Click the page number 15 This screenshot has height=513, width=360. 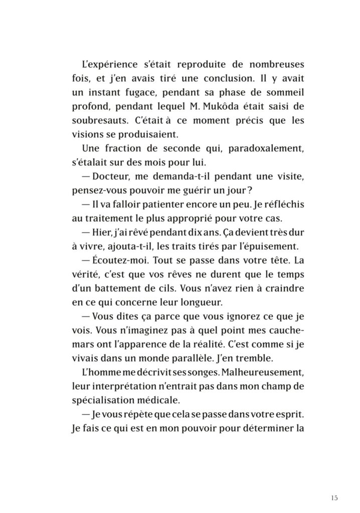(335, 497)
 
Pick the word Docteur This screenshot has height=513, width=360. (112, 177)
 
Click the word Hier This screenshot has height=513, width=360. (103, 233)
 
